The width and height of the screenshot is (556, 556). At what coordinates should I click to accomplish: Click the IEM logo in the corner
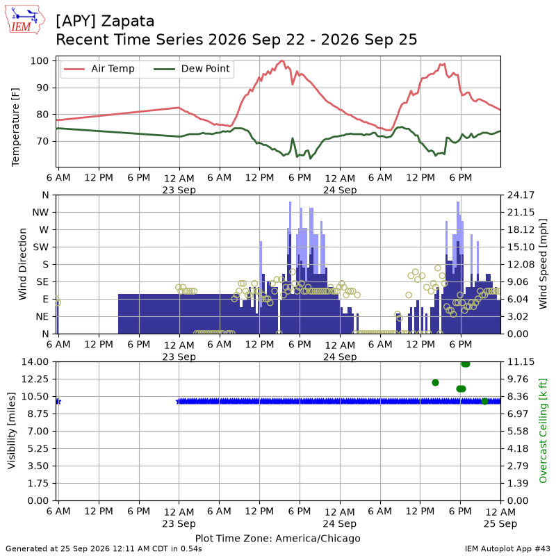25,19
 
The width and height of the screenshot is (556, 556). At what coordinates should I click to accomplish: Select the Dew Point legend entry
192,68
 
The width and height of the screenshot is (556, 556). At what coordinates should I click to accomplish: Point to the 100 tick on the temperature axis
40,60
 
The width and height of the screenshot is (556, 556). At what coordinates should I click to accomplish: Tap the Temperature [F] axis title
15,127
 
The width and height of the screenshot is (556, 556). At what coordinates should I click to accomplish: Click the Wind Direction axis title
23,264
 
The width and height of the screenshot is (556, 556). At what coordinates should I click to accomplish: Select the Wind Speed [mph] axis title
543,264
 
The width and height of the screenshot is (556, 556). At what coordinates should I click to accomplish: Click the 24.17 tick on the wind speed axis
521,195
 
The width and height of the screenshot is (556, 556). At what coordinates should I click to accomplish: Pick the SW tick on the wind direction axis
41,247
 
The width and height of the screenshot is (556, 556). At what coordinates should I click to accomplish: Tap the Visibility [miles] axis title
12,431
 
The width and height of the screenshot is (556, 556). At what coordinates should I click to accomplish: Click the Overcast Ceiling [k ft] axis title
543,431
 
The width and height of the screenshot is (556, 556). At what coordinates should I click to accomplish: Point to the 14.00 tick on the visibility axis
35,361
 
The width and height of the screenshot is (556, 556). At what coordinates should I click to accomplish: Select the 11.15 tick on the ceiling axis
521,361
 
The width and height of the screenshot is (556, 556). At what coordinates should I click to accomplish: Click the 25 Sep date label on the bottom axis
500,523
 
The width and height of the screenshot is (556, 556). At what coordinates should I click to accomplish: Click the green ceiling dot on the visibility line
484,401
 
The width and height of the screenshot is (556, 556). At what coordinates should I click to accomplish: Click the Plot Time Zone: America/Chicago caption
277,538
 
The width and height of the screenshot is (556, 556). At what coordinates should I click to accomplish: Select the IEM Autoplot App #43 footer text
507,549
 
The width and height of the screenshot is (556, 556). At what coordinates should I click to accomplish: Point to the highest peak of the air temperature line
282,60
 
